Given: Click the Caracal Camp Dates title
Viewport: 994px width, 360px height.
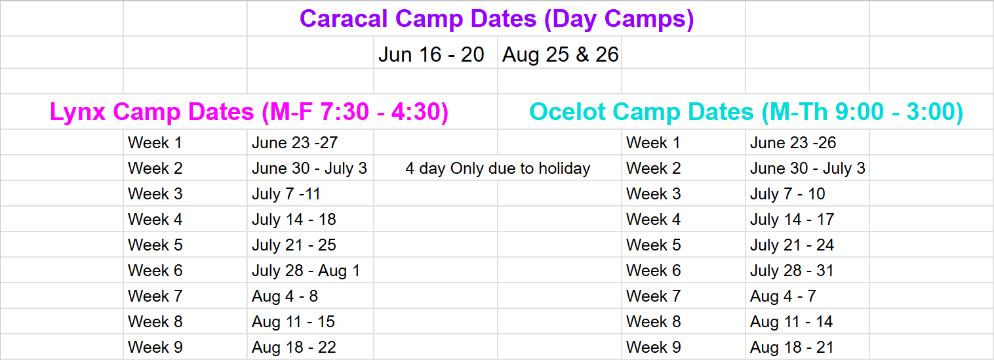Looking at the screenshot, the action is click(496, 19).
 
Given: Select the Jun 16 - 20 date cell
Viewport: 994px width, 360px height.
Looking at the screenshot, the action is click(431, 54).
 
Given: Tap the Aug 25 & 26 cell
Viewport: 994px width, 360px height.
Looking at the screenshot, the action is click(560, 54).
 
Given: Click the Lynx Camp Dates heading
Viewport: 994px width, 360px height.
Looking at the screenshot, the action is click(249, 111).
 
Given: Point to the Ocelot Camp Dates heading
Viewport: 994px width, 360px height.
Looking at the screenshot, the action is click(746, 111).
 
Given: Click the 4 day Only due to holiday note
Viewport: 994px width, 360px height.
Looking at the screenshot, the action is click(498, 169).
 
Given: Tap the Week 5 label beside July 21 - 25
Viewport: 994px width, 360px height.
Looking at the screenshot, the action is click(155, 245).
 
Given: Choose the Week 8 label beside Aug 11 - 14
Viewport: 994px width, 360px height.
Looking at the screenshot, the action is click(653, 322).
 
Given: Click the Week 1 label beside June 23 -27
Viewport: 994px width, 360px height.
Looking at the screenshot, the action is click(155, 143).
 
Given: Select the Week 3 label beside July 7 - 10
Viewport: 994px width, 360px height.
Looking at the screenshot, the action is click(653, 194).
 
